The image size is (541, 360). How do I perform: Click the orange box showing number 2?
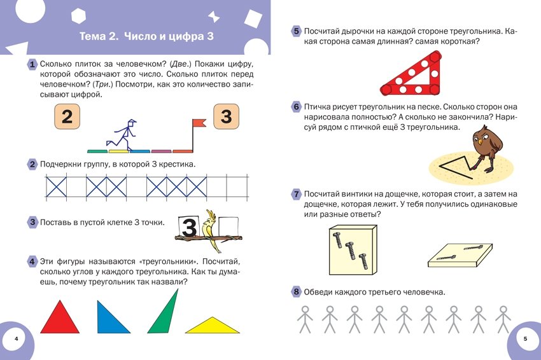pos(67,116)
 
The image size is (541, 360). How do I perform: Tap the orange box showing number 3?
pos(227,116)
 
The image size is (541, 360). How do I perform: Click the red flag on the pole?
pos(199,123)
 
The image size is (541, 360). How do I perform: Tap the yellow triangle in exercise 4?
pos(212,326)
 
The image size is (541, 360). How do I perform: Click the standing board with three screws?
pos(353,250)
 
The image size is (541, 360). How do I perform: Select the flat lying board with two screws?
pos(460,256)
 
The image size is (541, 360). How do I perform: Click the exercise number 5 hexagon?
pos(297,31)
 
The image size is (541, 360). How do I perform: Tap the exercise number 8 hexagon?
pos(297,292)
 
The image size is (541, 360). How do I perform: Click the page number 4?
pos(16,338)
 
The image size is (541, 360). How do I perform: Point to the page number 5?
pos(526,338)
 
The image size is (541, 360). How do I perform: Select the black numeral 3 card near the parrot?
pos(188,227)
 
